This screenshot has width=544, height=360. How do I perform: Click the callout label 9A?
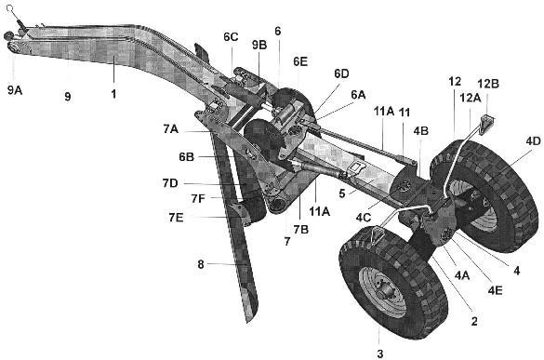coord(15,90)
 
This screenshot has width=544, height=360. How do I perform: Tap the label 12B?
coord(488,84)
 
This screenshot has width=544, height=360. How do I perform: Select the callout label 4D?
coord(533,141)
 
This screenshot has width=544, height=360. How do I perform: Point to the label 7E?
coord(176,218)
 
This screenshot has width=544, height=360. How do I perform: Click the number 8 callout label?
coord(201,264)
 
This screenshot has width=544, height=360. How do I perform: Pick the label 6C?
coord(231,37)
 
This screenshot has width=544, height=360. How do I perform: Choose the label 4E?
coord(495,290)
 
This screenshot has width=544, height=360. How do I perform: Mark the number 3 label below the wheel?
coord(380,353)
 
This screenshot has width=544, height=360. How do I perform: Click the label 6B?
coord(186,157)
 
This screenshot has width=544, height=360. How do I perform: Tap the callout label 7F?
coord(198,198)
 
